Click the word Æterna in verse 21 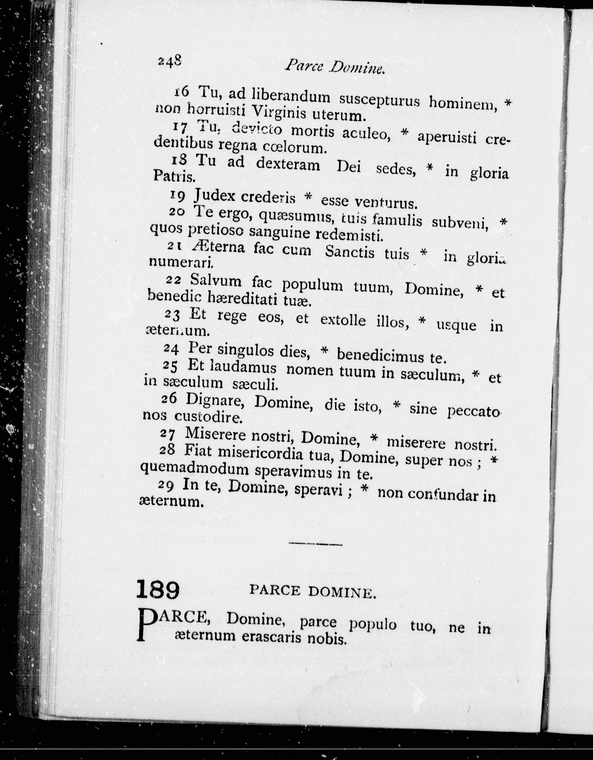point(218,247)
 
